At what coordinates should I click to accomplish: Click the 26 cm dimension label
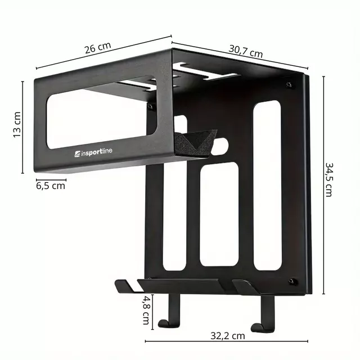pos(97,47)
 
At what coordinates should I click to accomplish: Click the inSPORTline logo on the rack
pos(97,151)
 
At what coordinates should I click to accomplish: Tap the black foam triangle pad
pos(195,142)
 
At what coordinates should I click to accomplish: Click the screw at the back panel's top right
pos(289,85)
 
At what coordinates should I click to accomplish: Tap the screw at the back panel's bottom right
pos(291,281)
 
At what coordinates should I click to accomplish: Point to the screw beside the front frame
pos(150,105)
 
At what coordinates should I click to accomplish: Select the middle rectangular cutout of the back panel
pos(219,214)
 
